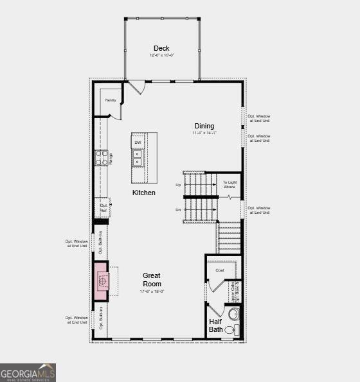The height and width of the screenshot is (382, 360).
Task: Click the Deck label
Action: pyautogui.click(x=161, y=49)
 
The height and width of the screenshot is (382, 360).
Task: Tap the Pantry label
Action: pyautogui.click(x=110, y=100)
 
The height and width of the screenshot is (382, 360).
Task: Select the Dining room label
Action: pyautogui.click(x=204, y=126)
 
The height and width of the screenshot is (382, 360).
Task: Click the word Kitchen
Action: pyautogui.click(x=143, y=193)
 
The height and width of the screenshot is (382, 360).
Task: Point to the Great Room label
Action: pyautogui.click(x=152, y=279)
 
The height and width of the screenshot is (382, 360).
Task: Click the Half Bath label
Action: pyautogui.click(x=215, y=326)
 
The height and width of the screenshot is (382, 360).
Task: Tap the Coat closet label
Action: pyautogui.click(x=220, y=270)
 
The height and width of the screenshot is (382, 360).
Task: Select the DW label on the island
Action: pyautogui.click(x=138, y=142)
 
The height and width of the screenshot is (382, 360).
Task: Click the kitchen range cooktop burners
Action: pyautogui.click(x=102, y=158)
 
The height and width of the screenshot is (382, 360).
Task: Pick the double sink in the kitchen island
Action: pyautogui.click(x=138, y=158)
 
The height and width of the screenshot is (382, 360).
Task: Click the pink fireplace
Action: pyautogui.click(x=102, y=281)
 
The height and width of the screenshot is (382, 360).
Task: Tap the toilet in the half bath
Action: pyautogui.click(x=234, y=315)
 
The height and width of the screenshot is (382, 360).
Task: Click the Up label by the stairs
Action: pyautogui.click(x=178, y=185)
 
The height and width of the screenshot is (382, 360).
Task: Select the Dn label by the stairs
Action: pyautogui.click(x=178, y=209)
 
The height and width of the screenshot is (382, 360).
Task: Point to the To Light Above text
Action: pyautogui.click(x=230, y=184)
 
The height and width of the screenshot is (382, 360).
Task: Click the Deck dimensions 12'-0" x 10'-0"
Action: pyautogui.click(x=161, y=56)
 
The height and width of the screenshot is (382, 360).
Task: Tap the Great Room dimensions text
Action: pyautogui.click(x=152, y=291)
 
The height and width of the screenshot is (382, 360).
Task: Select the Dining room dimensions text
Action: pyautogui.click(x=204, y=133)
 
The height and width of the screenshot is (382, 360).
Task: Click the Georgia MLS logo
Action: pyautogui.click(x=28, y=372)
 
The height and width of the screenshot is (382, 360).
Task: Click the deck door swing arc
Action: pyautogui.click(x=136, y=87)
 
